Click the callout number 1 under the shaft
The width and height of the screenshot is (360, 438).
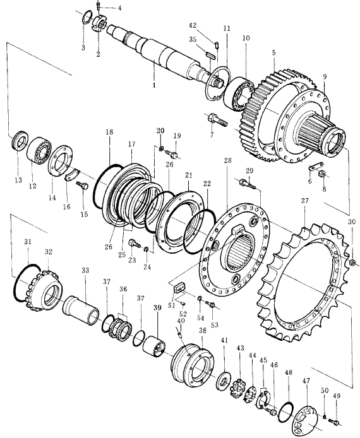tap(153, 85)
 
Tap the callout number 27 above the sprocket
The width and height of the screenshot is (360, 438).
tap(305, 201)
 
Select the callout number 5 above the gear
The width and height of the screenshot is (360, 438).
tap(273, 52)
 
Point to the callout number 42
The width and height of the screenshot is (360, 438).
tap(193, 25)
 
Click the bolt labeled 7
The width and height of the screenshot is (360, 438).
tap(217, 120)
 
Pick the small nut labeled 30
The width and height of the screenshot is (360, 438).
tap(352, 263)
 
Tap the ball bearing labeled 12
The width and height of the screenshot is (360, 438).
tap(40, 150)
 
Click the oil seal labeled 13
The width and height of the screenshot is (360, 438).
tap(20, 141)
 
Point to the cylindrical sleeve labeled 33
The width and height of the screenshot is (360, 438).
tap(81, 311)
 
